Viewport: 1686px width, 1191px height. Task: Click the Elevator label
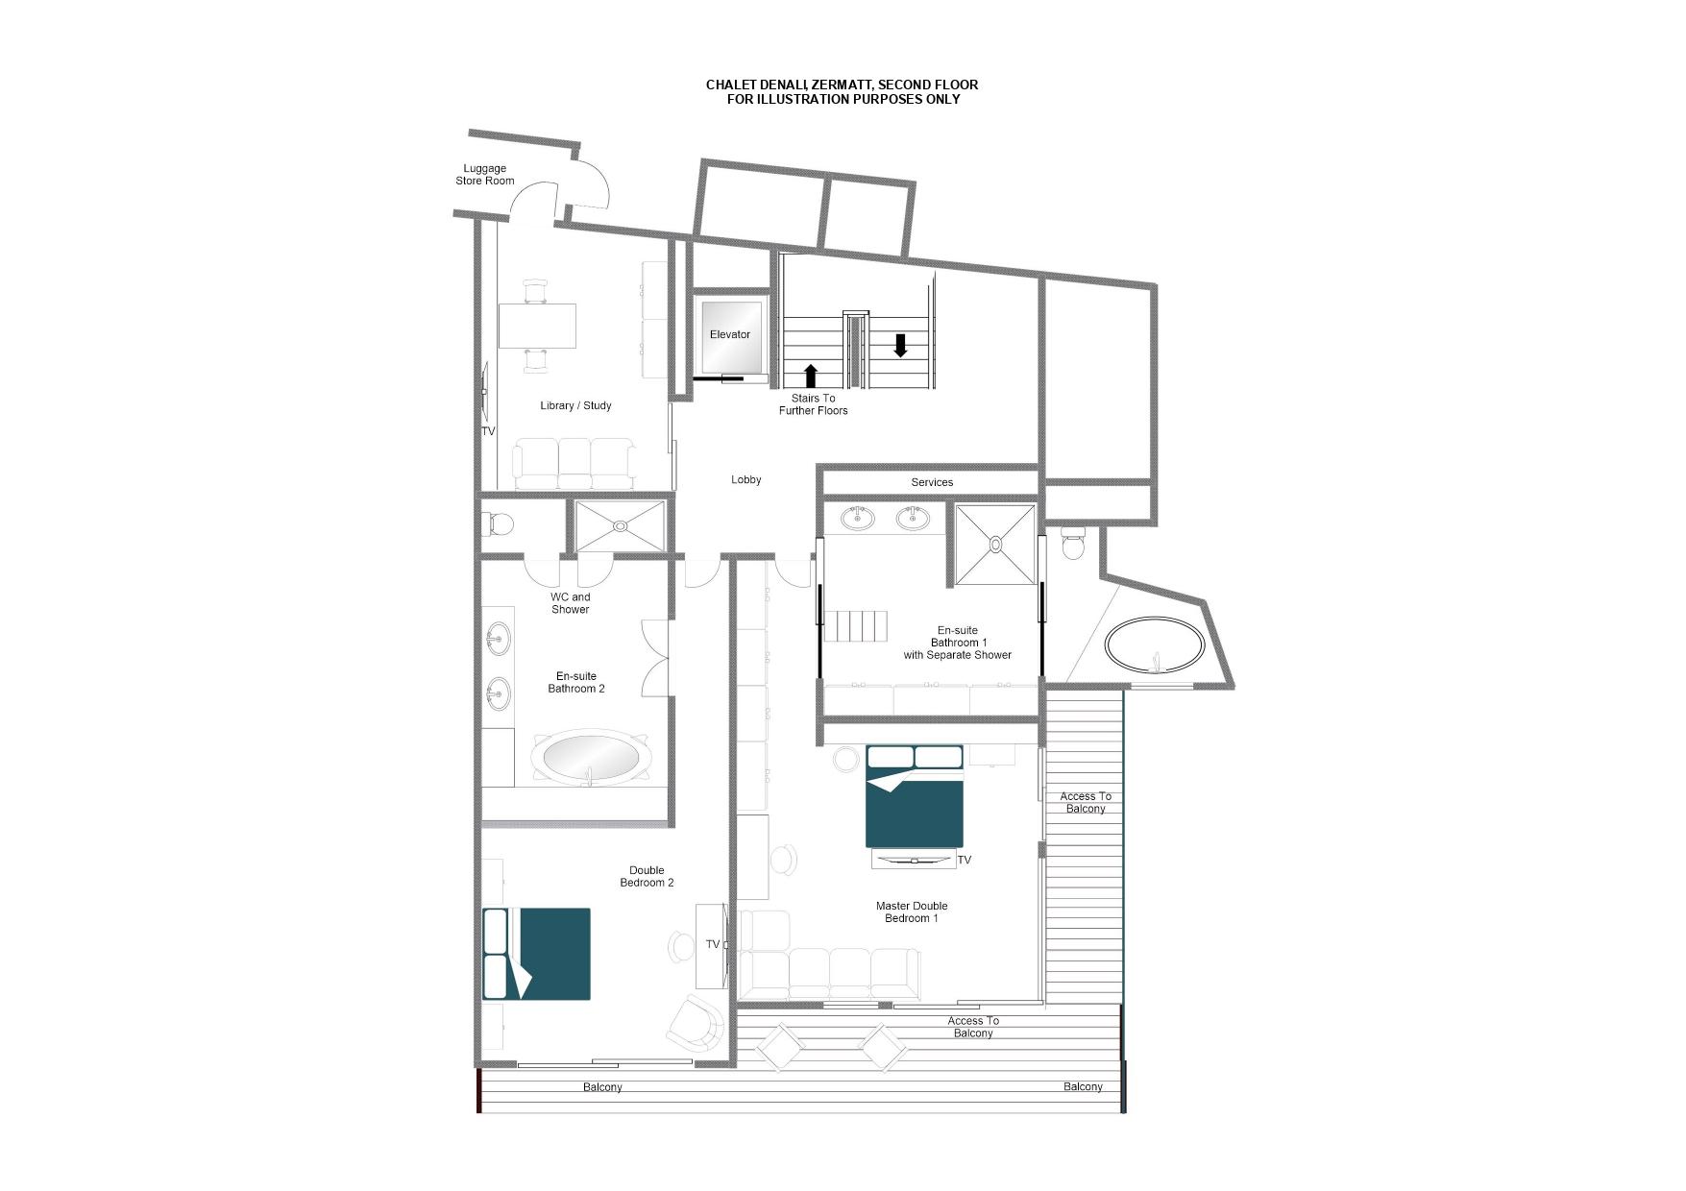pos(730,334)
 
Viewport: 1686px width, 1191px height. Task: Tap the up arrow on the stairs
pos(810,376)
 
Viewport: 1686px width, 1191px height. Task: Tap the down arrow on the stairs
pos(900,345)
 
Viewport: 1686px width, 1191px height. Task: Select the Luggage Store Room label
pos(485,175)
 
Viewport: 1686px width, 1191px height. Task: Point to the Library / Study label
pos(575,405)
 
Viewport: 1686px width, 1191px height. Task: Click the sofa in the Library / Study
pos(574,464)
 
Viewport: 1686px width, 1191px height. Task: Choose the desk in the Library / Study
pos(537,326)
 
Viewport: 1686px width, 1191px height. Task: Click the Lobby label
pos(746,479)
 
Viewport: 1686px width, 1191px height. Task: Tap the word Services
pos(932,482)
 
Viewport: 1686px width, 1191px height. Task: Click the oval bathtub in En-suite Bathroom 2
pos(590,756)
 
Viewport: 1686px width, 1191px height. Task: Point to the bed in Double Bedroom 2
pos(536,954)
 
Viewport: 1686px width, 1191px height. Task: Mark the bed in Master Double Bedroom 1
pos(916,796)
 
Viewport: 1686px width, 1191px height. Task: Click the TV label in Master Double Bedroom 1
pos(965,861)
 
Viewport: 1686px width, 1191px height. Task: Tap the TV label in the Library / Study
pos(488,432)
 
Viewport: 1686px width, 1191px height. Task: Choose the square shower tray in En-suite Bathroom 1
pos(995,544)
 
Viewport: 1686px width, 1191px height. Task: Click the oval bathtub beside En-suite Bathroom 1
pos(1154,645)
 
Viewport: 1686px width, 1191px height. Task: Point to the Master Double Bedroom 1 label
pos(912,911)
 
